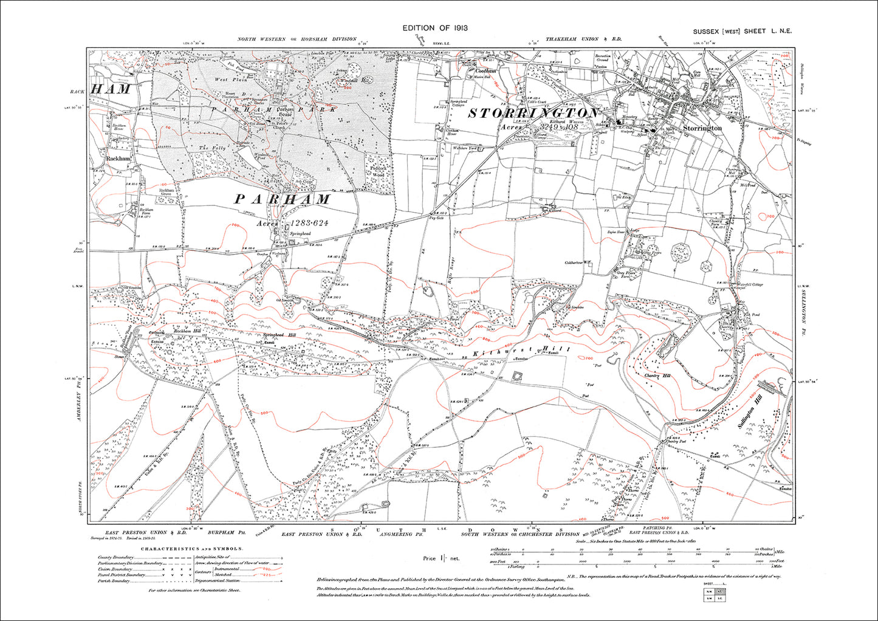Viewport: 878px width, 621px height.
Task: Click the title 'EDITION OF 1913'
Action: tap(434, 29)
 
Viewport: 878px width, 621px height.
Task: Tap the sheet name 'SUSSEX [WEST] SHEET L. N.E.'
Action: tap(742, 32)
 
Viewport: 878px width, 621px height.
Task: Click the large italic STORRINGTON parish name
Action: tap(532, 114)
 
